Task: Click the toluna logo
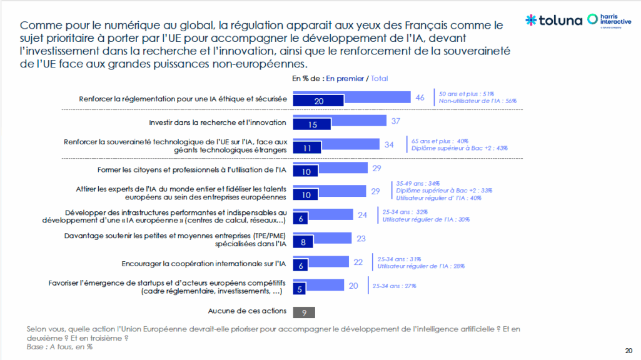pos(553,19)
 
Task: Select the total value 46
pos(420,97)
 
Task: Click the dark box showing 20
pos(318,101)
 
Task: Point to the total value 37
pos(395,121)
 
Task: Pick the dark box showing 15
pos(313,125)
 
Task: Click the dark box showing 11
pos(307,149)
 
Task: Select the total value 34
pos(388,144)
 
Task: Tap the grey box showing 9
pos(303,312)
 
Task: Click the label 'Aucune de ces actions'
pos(247,311)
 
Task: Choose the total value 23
pos(361,238)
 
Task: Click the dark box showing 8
pos(303,242)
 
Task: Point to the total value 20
pos(353,285)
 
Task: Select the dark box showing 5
pos(300,289)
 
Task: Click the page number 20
pos(628,350)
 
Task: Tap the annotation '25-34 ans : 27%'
pos(394,286)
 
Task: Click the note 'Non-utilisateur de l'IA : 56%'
pos(478,101)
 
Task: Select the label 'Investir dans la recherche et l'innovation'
pos(218,122)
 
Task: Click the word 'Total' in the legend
pos(379,79)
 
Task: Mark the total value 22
pos(358,262)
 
